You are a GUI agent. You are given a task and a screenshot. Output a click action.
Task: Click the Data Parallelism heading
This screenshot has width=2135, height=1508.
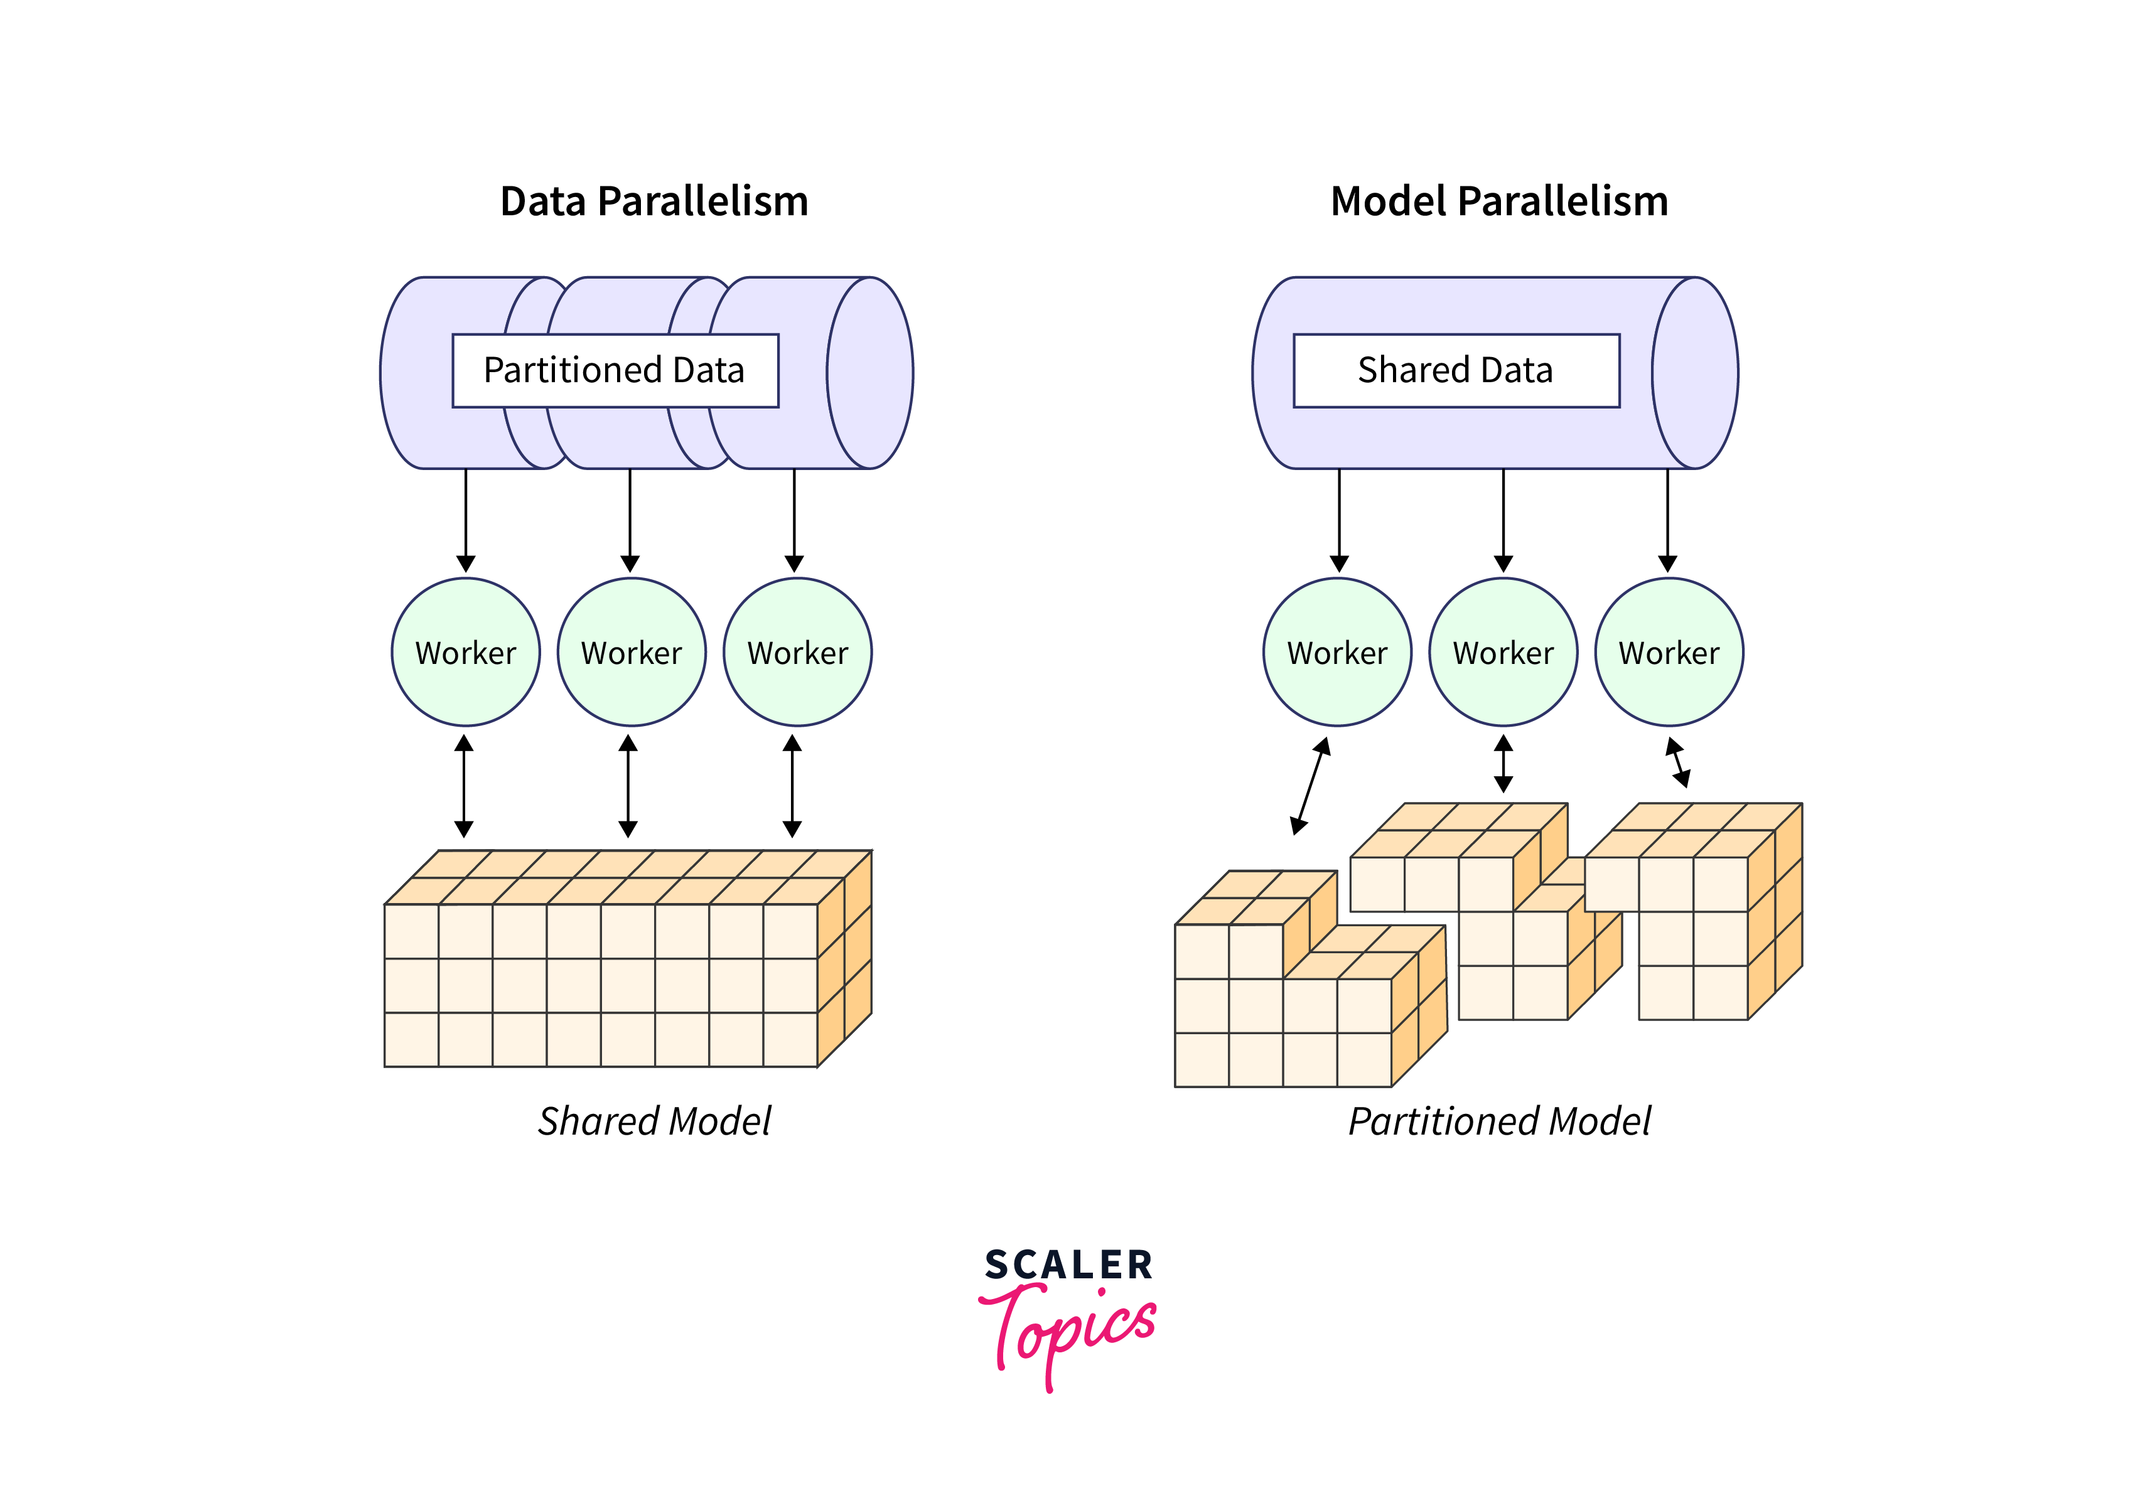point(653,201)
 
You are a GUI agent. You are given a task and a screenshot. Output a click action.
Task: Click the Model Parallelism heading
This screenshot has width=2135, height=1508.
point(1499,201)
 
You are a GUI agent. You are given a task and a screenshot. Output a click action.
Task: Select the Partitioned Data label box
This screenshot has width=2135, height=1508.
point(615,370)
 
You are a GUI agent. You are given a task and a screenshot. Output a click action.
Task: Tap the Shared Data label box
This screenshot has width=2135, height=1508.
point(1455,370)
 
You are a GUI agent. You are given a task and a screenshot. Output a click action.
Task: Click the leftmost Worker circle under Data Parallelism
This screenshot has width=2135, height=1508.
point(466,652)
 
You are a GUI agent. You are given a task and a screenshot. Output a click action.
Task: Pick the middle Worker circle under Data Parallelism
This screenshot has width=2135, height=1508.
point(632,652)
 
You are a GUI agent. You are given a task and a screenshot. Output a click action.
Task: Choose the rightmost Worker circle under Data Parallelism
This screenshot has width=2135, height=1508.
point(797,652)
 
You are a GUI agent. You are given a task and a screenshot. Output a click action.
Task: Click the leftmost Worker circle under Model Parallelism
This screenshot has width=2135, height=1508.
point(1337,652)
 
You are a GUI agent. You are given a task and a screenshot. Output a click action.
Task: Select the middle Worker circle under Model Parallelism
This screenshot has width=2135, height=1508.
point(1503,652)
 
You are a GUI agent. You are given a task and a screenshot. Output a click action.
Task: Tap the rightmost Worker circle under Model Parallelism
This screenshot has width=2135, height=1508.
point(1669,652)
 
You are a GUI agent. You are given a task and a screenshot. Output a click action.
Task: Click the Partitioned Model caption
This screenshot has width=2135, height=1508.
point(1499,1121)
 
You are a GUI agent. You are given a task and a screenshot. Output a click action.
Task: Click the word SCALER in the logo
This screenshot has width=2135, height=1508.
point(1068,1265)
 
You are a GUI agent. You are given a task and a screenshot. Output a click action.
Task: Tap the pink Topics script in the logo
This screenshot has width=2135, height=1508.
point(1069,1330)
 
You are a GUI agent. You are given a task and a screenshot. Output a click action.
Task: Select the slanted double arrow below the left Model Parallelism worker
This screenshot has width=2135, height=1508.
point(1310,786)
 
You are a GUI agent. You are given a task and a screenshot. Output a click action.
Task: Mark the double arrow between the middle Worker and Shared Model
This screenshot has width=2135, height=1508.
point(628,786)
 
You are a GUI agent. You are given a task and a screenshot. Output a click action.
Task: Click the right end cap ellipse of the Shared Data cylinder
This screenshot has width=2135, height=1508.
point(1695,373)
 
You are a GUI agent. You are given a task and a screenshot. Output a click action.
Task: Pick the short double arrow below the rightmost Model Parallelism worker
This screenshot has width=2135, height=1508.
point(1677,762)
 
